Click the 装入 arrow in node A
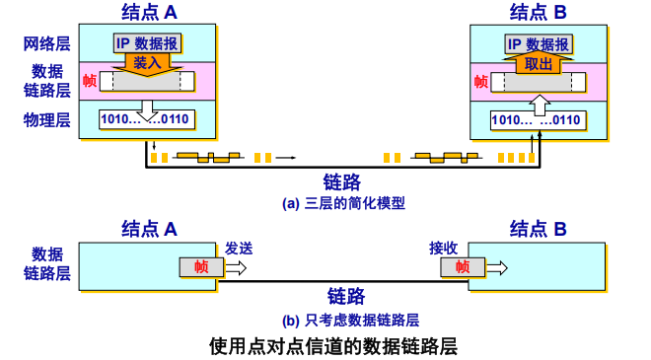pos(147,61)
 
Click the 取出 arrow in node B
pos(538,63)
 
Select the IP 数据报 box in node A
pos(147,43)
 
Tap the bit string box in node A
pos(146,120)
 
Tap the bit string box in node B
pos(537,120)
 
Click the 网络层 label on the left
pos(47,44)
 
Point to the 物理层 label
pos(47,120)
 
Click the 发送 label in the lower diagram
pos(240,248)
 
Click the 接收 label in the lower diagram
pos(445,248)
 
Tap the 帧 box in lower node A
pos(200,266)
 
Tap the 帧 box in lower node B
pos(461,266)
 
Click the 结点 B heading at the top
pos(538,12)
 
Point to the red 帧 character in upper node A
pos(90,81)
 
